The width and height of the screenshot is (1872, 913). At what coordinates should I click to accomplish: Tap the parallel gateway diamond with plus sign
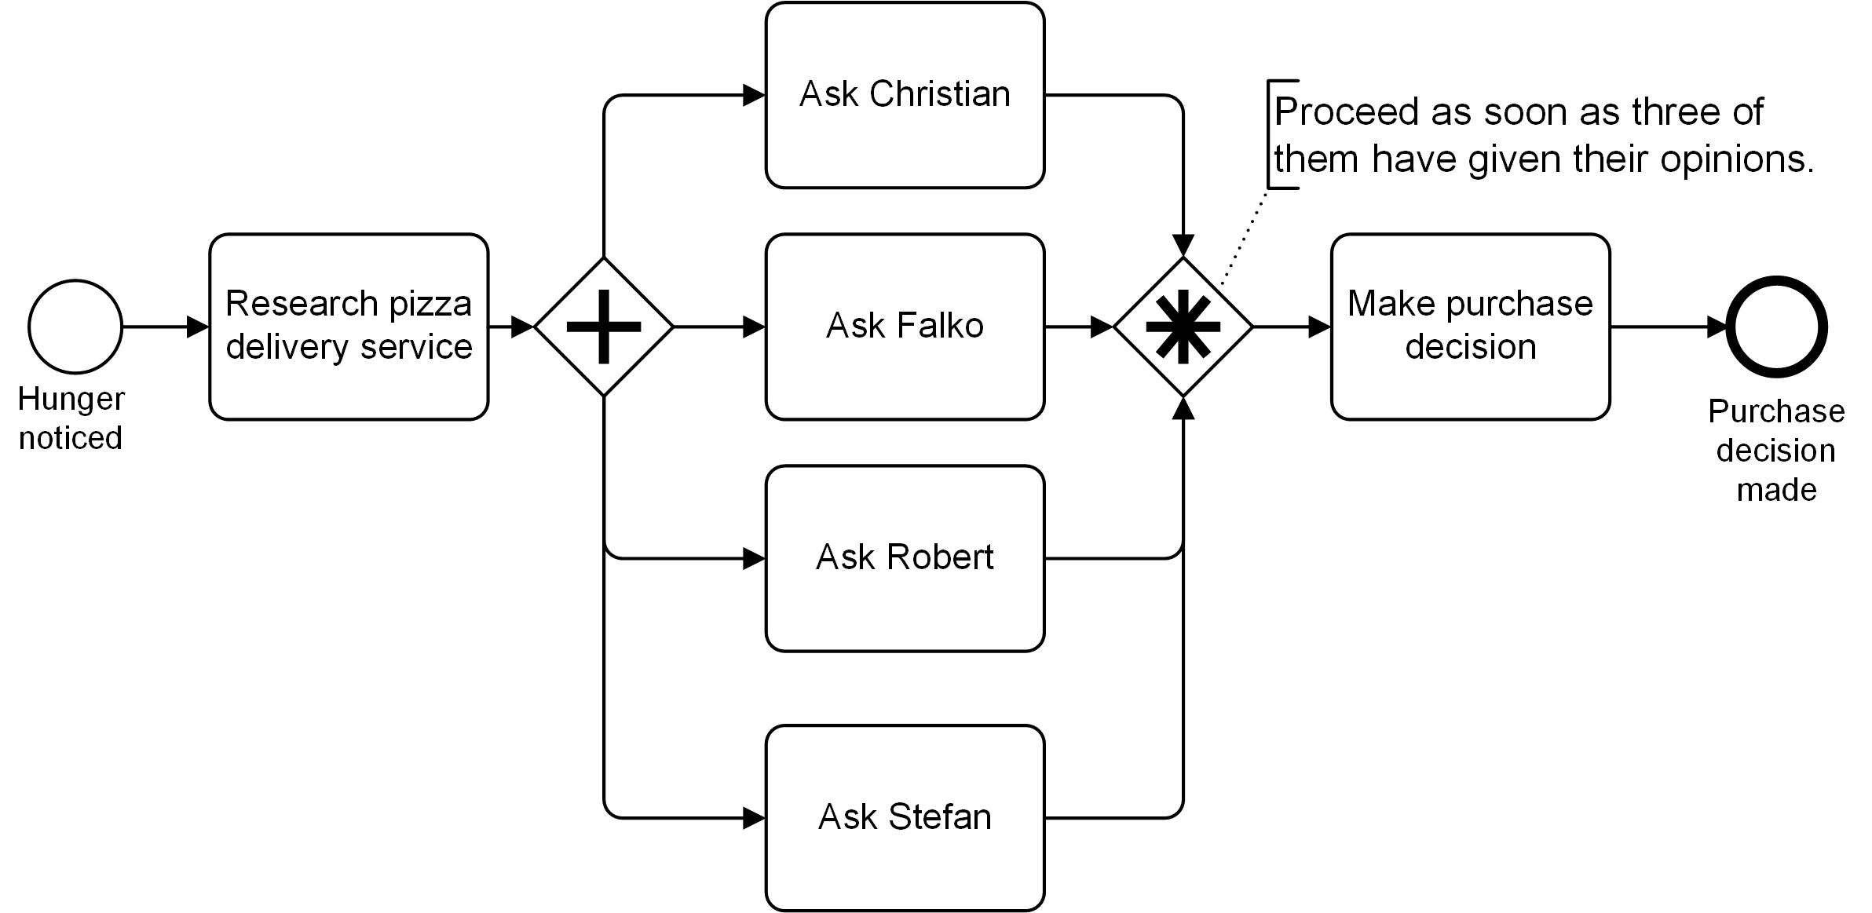[604, 327]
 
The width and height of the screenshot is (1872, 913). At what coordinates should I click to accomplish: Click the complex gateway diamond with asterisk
[1183, 327]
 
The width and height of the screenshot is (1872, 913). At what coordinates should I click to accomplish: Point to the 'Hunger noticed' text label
[71, 418]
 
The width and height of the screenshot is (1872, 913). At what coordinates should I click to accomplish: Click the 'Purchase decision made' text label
[1776, 451]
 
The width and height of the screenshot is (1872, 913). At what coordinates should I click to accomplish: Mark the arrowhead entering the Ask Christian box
[754, 95]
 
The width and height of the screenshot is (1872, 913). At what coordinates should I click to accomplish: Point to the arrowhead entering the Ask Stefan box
[754, 818]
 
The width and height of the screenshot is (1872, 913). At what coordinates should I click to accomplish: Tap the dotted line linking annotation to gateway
[1244, 236]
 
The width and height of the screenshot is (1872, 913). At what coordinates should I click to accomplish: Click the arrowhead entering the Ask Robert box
[754, 558]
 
